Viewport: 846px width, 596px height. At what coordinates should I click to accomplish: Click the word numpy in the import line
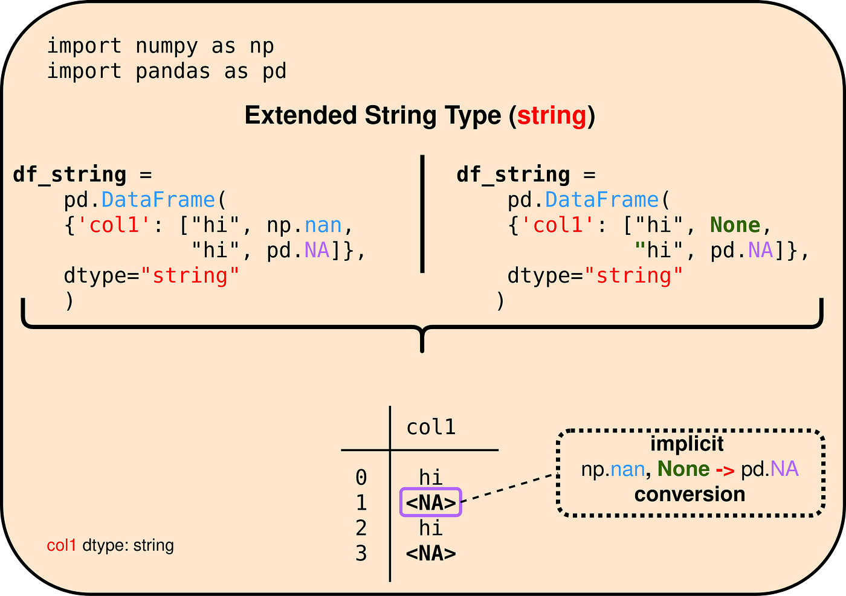(167, 46)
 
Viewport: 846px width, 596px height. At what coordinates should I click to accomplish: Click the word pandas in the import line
(173, 71)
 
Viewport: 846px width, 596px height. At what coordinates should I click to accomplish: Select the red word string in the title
(552, 115)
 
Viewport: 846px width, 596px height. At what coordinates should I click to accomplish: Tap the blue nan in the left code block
(323, 225)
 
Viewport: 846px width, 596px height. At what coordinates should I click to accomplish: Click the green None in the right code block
(735, 225)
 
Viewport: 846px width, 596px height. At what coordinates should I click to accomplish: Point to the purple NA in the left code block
(317, 251)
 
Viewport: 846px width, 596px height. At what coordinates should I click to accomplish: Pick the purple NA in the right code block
(761, 251)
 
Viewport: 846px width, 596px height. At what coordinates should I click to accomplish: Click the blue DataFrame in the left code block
(158, 200)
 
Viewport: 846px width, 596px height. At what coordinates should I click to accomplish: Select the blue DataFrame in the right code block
(602, 200)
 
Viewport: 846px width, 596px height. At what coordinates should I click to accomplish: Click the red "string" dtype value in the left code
(190, 276)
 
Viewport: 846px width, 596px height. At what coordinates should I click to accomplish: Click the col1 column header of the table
(431, 428)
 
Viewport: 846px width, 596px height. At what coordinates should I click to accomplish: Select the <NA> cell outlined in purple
(431, 502)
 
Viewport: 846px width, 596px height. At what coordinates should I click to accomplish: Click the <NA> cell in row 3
(431, 553)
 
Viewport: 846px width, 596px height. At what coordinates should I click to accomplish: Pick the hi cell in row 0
(431, 478)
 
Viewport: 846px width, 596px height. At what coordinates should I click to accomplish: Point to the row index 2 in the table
(361, 528)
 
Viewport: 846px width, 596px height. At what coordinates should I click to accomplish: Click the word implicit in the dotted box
(687, 444)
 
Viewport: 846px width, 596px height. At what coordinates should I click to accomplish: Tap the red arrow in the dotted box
(725, 470)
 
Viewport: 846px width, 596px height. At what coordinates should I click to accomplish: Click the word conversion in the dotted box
(689, 495)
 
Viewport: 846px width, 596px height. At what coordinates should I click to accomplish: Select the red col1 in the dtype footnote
(62, 545)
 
